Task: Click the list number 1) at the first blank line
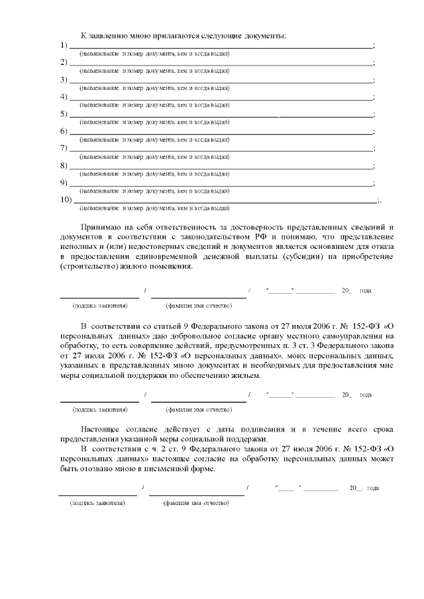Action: (64, 45)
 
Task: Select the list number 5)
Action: (64, 114)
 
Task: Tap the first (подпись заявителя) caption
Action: (100, 305)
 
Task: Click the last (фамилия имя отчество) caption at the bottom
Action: (196, 503)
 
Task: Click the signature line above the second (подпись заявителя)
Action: (99, 401)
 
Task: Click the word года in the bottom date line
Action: (372, 488)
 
